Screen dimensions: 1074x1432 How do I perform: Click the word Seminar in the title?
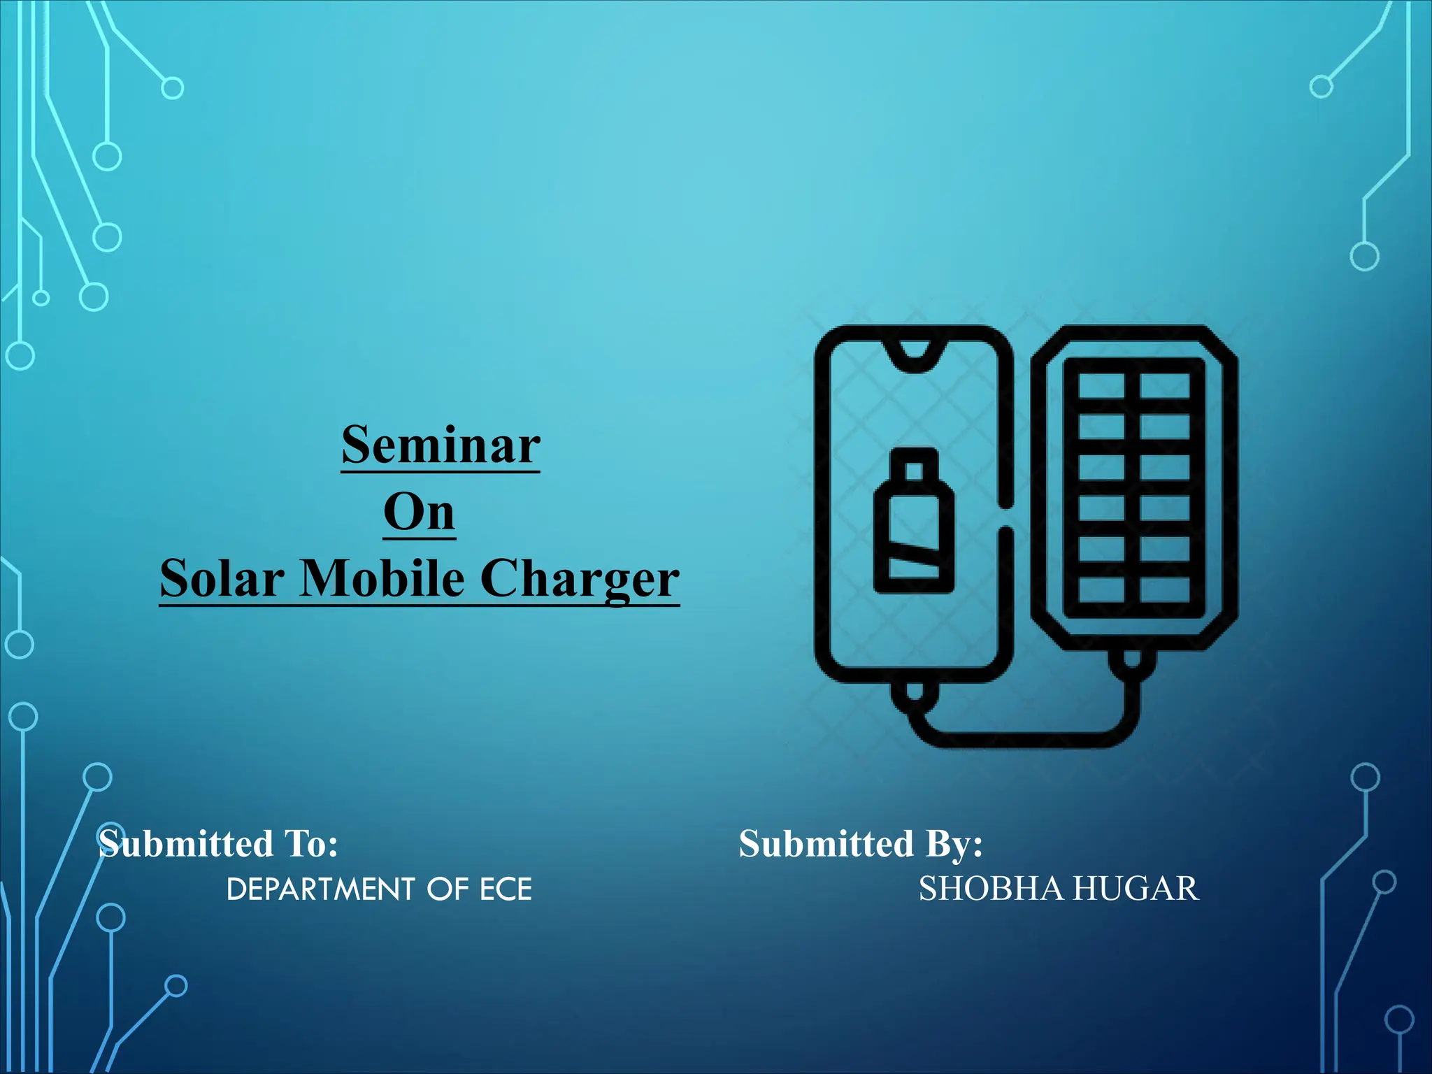441,445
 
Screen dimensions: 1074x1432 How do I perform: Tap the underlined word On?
420,513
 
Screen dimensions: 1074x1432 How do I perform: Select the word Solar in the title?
222,579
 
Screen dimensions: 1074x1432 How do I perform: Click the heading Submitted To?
218,843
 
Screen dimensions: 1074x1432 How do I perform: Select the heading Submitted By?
861,843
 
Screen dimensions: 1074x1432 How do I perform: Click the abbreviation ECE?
506,889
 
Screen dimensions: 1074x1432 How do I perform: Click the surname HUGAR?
1136,889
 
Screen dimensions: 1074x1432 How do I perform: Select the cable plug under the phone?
914,694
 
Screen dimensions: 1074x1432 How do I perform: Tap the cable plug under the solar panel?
1131,659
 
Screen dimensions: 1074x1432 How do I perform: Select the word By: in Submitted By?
954,843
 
